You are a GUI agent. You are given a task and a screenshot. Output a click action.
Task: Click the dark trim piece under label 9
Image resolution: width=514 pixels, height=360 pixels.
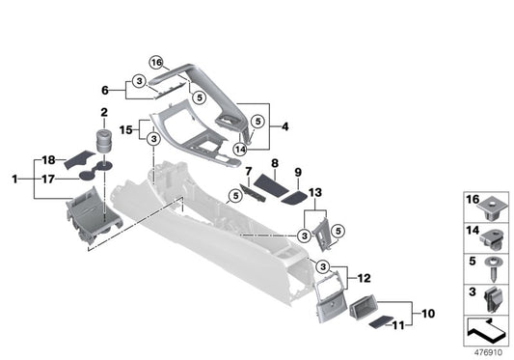point(294,196)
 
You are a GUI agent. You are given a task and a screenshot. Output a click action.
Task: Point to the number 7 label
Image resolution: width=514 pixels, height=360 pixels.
point(248,172)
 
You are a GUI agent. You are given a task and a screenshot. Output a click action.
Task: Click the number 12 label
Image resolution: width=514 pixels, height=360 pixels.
point(365,279)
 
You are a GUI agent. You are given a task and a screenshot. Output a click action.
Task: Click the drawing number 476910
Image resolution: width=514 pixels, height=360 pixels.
point(487,352)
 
